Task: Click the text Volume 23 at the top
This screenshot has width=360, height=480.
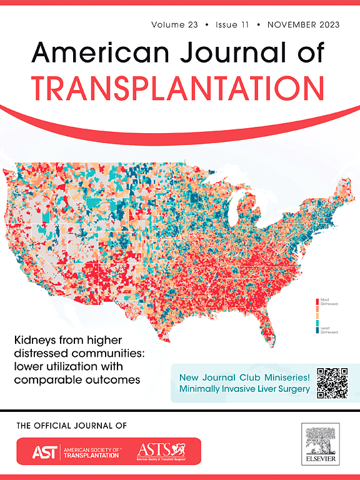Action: [174, 25]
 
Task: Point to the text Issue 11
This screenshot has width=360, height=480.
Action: [232, 25]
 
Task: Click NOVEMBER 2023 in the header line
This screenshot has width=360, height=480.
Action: [303, 25]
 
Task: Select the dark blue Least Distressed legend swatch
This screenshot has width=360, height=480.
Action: [317, 330]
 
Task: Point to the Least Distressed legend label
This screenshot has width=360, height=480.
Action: [329, 329]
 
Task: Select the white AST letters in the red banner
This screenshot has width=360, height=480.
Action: [37, 451]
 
